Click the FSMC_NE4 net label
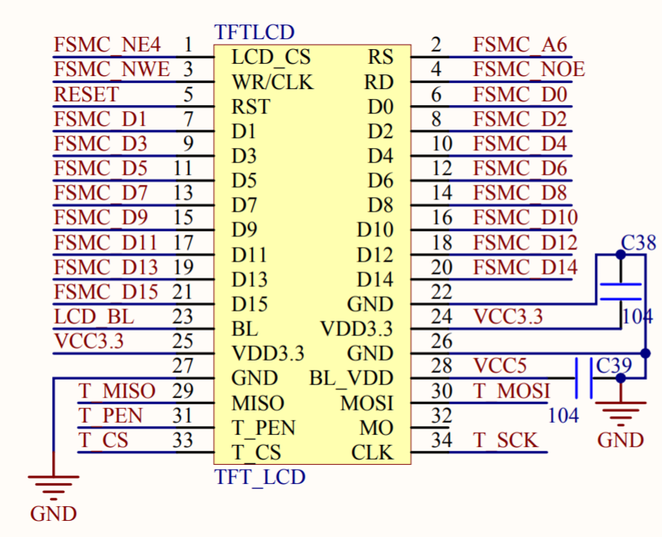(107, 44)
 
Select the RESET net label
(87, 94)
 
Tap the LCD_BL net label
(93, 316)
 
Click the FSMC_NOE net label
(529, 70)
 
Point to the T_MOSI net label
(511, 390)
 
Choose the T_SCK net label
(505, 440)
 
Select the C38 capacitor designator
(638, 244)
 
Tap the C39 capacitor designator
(614, 365)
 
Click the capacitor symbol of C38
(620, 292)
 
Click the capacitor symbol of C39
(583, 377)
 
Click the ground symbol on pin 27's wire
(54, 485)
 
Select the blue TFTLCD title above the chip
(254, 33)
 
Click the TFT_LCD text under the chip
(260, 477)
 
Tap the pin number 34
(442, 440)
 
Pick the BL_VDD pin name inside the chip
(351, 378)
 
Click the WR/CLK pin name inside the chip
(272, 82)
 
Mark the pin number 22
(442, 292)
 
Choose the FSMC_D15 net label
(107, 292)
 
